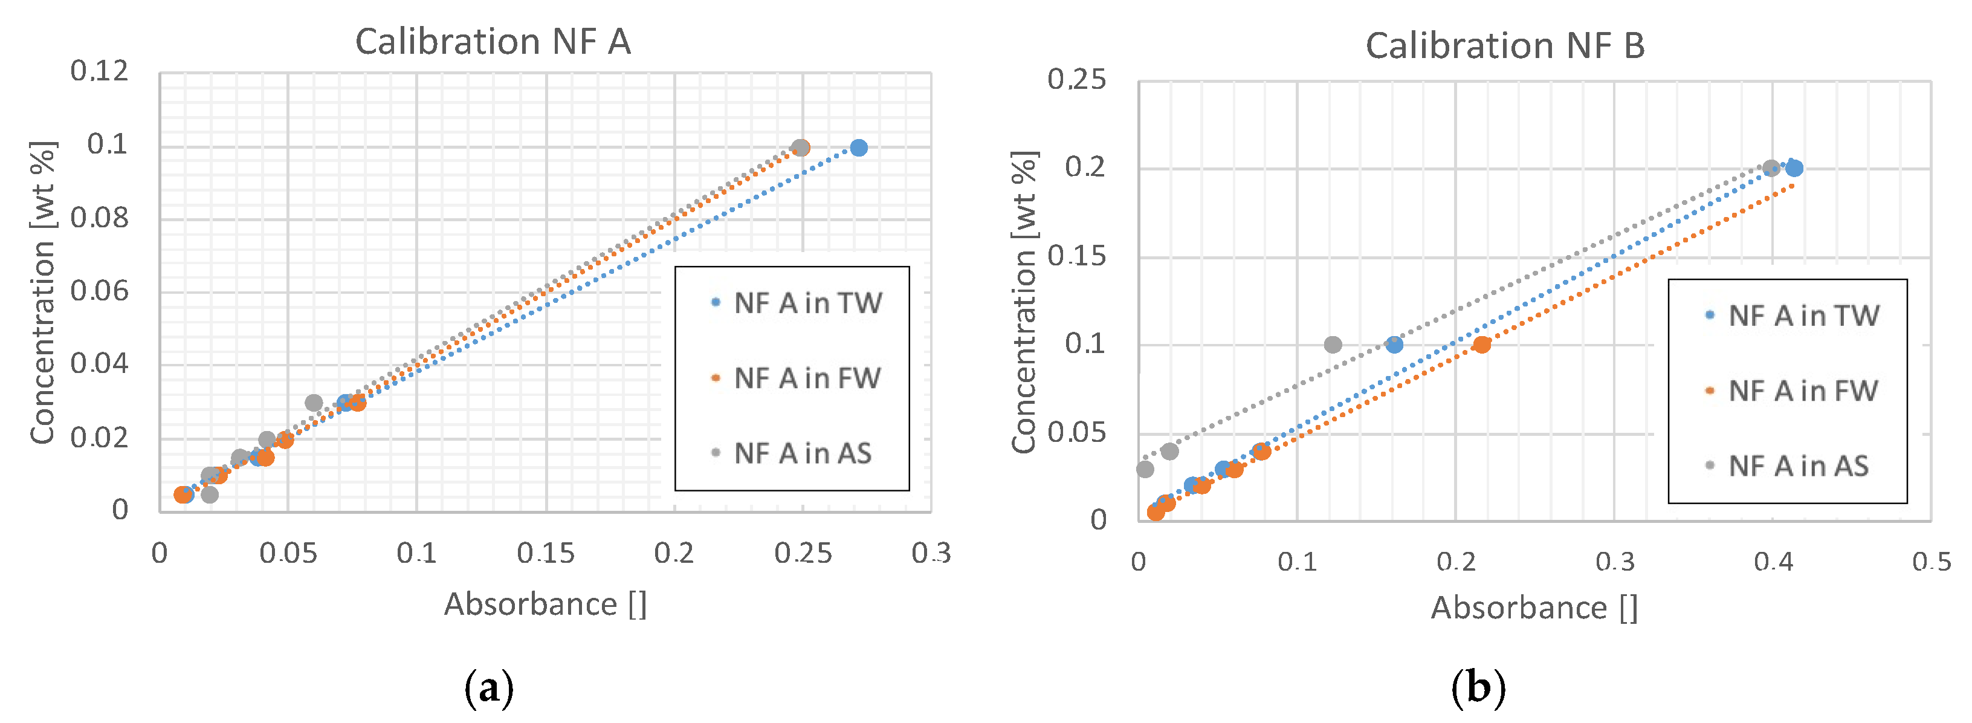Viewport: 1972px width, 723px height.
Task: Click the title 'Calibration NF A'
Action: [493, 41]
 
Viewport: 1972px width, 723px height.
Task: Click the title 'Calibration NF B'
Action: [1505, 46]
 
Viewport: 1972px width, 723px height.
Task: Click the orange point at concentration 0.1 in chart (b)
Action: [1482, 345]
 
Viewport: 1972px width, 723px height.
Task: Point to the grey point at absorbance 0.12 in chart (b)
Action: [1333, 345]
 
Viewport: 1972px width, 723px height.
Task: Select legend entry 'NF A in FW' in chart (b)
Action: [1802, 391]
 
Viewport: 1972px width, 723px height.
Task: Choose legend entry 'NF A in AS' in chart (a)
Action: [802, 453]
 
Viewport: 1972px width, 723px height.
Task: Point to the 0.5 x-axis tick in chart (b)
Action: [1931, 562]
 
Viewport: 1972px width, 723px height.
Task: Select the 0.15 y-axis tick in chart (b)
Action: [1077, 256]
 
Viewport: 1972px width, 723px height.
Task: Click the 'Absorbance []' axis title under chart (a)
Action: [545, 605]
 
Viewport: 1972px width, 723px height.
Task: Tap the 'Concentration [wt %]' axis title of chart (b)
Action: [1024, 302]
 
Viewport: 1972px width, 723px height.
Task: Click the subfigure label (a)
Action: [488, 688]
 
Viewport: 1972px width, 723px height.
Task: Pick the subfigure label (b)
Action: [1478, 688]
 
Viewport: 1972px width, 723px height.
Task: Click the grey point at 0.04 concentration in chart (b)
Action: [1169, 451]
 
